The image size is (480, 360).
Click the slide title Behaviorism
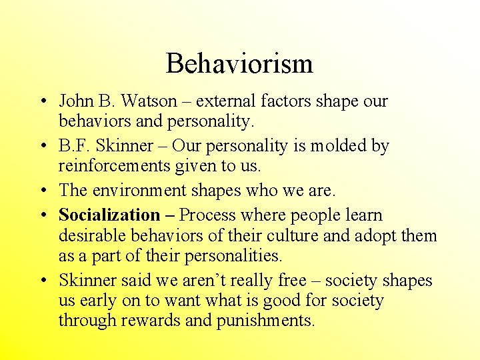click(239, 64)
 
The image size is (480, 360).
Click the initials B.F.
click(74, 146)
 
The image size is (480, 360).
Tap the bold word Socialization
click(109, 215)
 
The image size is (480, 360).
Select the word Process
click(207, 215)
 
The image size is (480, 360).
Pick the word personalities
click(229, 255)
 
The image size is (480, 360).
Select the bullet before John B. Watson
click(42, 102)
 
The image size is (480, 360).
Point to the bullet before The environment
click(42, 191)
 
